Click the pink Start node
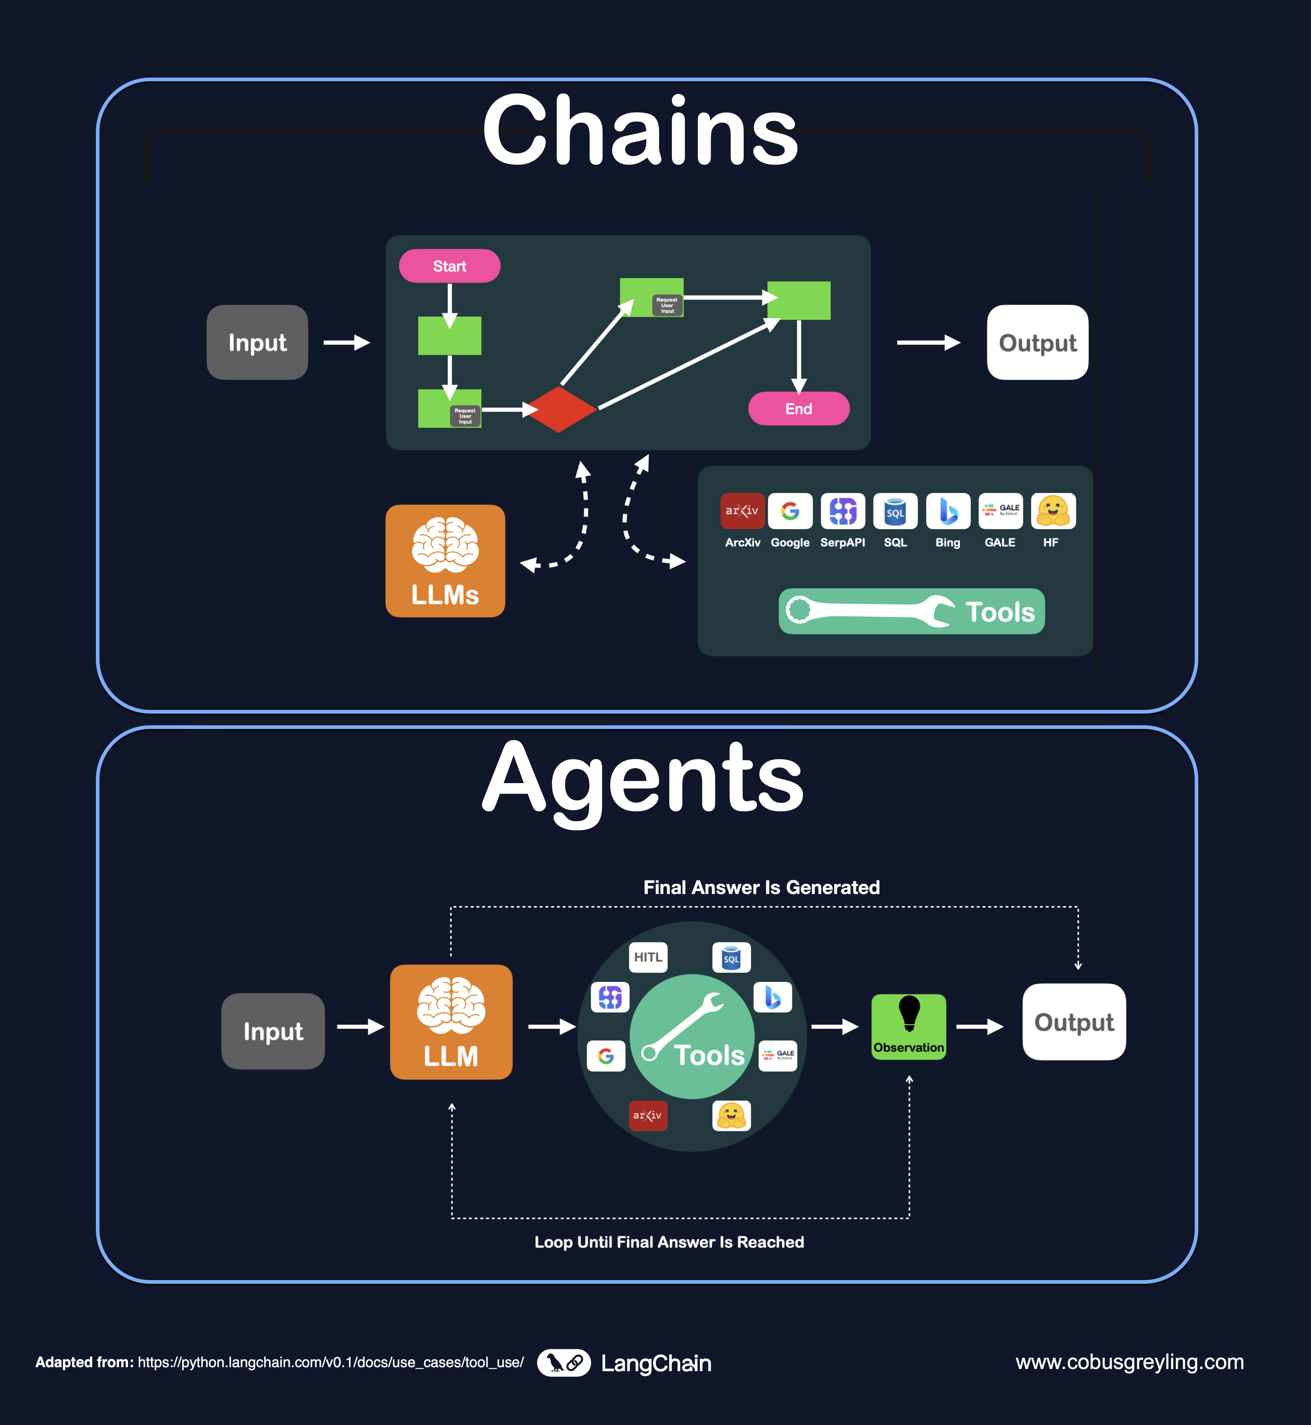[449, 266]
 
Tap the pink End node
[798, 409]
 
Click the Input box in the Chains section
[257, 343]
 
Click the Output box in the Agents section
[1073, 1022]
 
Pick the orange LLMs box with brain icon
[445, 561]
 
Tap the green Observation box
[908, 1027]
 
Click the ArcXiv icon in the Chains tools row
[742, 511]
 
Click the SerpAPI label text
[842, 542]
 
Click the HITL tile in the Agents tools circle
[648, 957]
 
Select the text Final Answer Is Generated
[761, 887]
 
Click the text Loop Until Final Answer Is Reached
[669, 1242]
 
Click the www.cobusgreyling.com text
[1130, 1362]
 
